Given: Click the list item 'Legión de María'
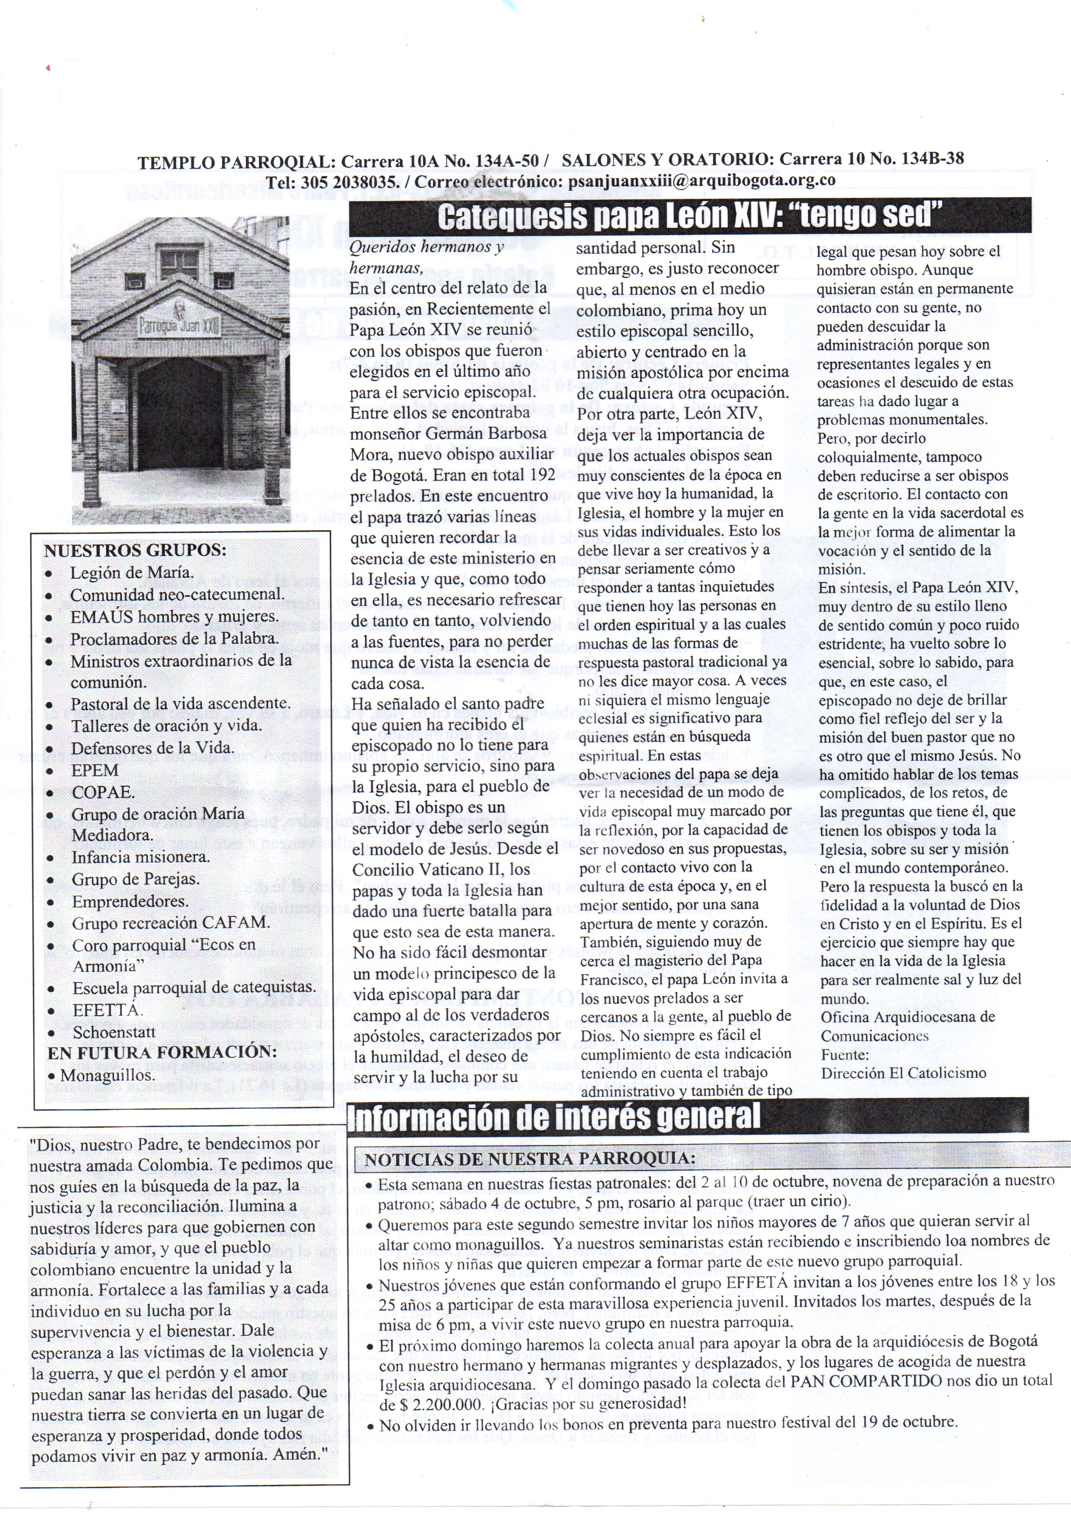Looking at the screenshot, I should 132,573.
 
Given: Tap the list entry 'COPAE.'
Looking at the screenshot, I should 103,792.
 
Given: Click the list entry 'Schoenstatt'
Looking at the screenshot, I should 105,1032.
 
